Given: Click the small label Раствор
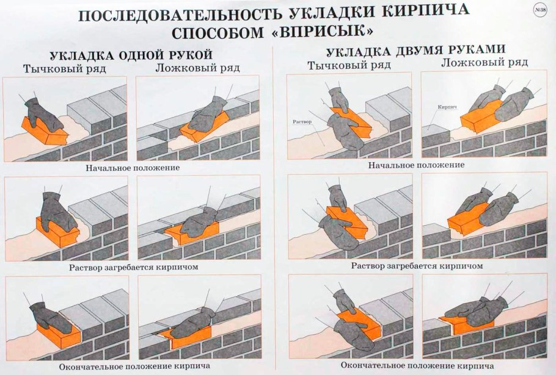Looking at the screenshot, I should pyautogui.click(x=302, y=122).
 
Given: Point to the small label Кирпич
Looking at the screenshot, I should pyautogui.click(x=447, y=107).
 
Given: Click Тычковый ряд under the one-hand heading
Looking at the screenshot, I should pyautogui.click(x=64, y=68).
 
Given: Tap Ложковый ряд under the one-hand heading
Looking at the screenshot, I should pyautogui.click(x=188, y=68).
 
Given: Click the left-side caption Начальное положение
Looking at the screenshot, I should pyautogui.click(x=133, y=167).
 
